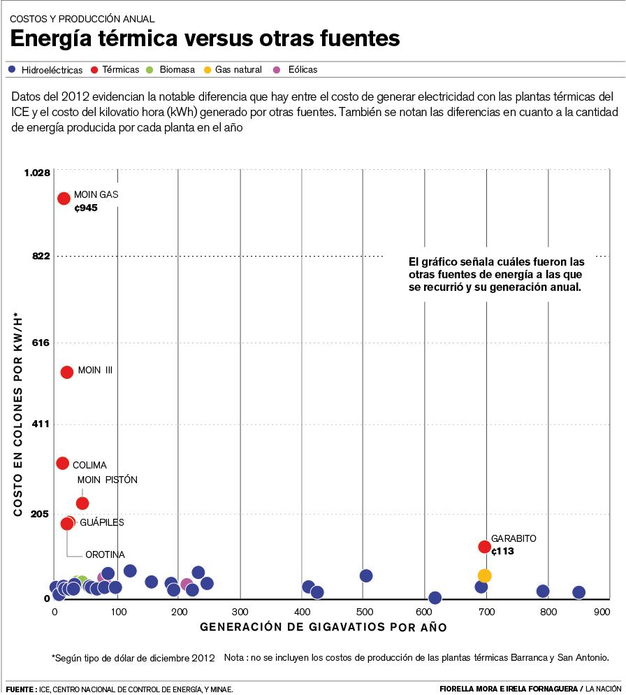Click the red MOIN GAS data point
point(64,199)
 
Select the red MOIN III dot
point(67,372)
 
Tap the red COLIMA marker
point(62,463)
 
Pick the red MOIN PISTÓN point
point(82,503)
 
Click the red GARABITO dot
point(484,547)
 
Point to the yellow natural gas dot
point(485,575)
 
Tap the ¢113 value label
point(502,551)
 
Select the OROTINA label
point(105,554)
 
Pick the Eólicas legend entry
point(303,70)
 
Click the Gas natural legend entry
point(238,70)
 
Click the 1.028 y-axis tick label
point(36,173)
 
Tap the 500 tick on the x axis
point(363,612)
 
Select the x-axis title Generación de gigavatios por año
point(323,627)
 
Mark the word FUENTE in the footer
point(20,689)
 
